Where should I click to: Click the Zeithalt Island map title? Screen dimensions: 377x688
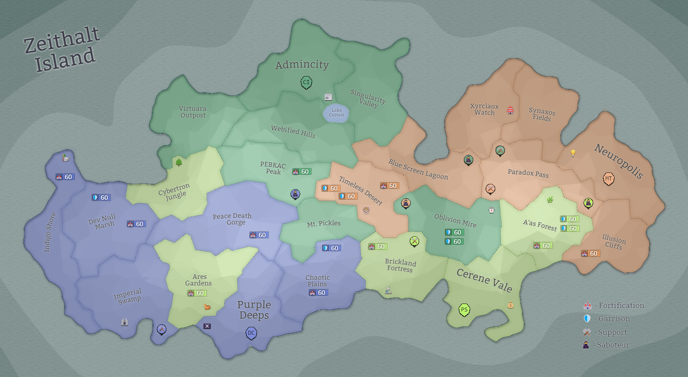point(62,49)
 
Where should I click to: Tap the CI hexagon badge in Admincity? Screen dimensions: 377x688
point(306,82)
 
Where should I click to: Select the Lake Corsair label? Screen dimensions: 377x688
point(337,113)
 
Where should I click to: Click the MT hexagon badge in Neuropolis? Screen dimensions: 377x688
point(608,179)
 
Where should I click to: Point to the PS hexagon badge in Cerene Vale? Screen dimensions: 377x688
point(464,310)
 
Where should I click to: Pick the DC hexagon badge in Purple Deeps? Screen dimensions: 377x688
point(251,333)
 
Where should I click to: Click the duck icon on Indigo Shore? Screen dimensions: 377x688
point(66,157)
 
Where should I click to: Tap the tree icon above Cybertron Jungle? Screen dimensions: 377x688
point(179,162)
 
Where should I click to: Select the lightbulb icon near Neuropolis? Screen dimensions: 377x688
point(573,153)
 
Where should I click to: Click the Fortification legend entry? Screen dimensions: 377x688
point(614,305)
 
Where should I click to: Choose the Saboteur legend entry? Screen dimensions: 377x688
point(606,345)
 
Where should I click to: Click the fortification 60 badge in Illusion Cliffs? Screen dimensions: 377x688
point(590,253)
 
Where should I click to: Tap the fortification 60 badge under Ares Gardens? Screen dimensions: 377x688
point(197,293)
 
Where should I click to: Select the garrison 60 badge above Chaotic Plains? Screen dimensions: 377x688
point(331,248)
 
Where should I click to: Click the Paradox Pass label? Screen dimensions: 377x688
point(528,173)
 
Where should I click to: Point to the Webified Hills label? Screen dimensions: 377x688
point(293,132)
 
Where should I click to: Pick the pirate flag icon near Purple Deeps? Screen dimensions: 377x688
point(207,326)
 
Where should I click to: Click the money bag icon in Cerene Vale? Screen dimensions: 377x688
point(510,304)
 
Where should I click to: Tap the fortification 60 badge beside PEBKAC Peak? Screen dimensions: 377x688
point(302,172)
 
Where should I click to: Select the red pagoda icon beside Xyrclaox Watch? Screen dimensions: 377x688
point(510,110)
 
